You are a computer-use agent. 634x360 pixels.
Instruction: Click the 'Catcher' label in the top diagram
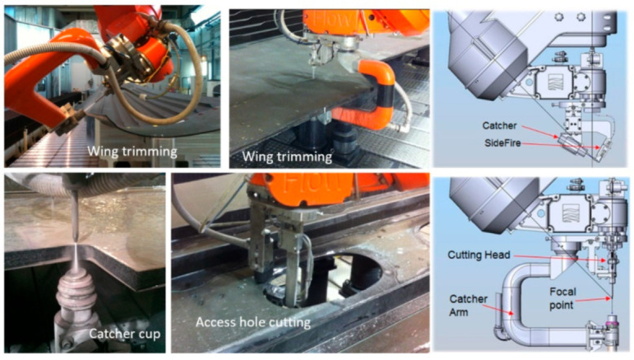tap(500, 125)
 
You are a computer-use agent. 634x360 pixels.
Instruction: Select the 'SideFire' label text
tap(503, 143)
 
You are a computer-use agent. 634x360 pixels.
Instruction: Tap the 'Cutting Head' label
tap(478, 255)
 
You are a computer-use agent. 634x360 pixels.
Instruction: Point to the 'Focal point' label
tap(562, 298)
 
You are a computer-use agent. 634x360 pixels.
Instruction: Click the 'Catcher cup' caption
tap(125, 334)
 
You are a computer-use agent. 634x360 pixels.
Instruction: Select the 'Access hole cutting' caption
tap(253, 322)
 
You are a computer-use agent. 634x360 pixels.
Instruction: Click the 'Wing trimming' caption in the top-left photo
tap(132, 151)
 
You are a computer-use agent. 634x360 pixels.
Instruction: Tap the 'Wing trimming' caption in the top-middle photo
tap(287, 156)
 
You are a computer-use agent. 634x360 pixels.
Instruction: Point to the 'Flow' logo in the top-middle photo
tap(330, 19)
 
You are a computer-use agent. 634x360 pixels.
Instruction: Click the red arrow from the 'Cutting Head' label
tap(561, 258)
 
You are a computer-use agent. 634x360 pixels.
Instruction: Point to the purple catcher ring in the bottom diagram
tap(612, 324)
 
